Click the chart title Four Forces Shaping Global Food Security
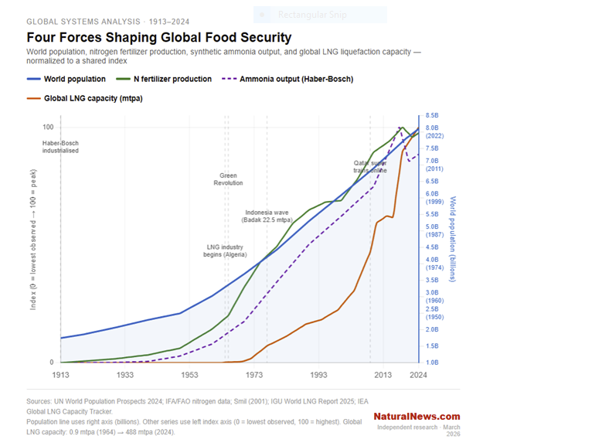coord(158,37)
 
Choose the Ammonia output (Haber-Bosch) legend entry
coord(287,79)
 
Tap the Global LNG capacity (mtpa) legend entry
coord(84,98)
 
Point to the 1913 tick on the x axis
coord(61,374)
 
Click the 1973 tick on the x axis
coord(254,374)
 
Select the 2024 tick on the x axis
coord(418,374)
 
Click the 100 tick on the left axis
coord(48,127)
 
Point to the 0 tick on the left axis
coord(52,363)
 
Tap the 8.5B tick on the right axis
coord(432,116)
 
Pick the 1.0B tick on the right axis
coord(432,363)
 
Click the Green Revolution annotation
coord(228,179)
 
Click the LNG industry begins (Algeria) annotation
coord(225,250)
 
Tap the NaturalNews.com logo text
coord(417,417)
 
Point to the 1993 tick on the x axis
coord(318,374)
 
